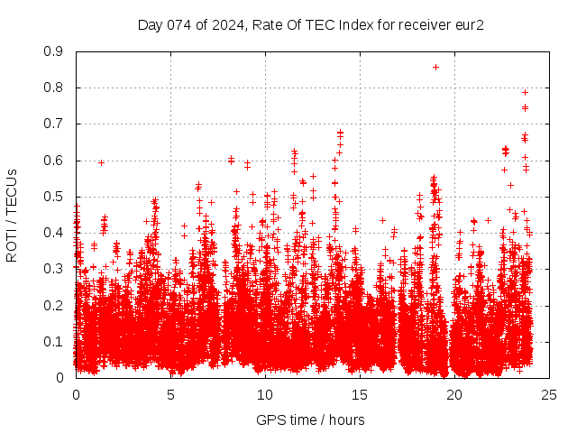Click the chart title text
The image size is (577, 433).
[x=311, y=24]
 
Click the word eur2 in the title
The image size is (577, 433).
[x=470, y=24]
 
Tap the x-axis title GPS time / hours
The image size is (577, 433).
[x=310, y=419]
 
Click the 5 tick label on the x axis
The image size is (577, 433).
[x=170, y=394]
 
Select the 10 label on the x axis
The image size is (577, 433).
[x=265, y=394]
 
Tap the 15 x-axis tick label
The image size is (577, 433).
[x=360, y=394]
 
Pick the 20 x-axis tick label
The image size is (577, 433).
[x=454, y=394]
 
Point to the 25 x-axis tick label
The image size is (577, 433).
[x=549, y=394]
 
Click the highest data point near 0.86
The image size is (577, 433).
[x=435, y=67]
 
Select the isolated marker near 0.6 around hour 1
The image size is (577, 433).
[x=101, y=162]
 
